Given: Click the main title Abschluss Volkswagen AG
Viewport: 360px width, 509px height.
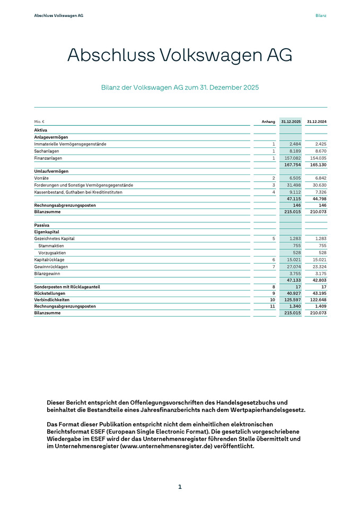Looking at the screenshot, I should pyautogui.click(x=180, y=56).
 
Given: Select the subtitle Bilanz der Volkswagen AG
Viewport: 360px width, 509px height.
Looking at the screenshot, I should pyautogui.click(x=180, y=87).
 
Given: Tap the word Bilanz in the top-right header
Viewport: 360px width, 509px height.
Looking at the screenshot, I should pyautogui.click(x=320, y=15).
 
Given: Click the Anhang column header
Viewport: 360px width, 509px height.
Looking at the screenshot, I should pyautogui.click(x=268, y=122).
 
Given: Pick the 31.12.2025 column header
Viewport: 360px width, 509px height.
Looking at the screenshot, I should pyautogui.click(x=291, y=122).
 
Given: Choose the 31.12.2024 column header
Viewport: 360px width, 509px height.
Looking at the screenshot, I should pyautogui.click(x=317, y=122).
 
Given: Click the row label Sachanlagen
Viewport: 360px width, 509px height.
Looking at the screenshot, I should pyautogui.click(x=46, y=151).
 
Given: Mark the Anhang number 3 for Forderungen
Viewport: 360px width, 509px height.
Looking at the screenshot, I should pyautogui.click(x=274, y=185).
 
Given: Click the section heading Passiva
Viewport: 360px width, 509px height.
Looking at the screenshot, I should pyautogui.click(x=41, y=225).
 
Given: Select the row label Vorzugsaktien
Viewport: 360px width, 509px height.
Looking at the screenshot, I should pyautogui.click(x=51, y=253).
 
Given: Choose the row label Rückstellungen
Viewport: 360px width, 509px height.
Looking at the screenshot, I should pyautogui.click(x=50, y=293).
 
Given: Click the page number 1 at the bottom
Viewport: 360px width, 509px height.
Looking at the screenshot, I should pyautogui.click(x=180, y=487).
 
